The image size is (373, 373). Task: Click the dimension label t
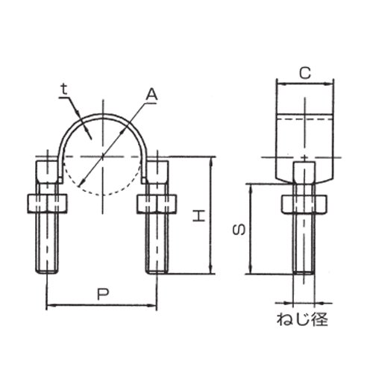(65, 90)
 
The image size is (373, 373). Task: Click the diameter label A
(151, 95)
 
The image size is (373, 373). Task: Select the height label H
(199, 216)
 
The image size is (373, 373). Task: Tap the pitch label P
(103, 294)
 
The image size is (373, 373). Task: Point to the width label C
(305, 73)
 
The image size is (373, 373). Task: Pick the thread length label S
(239, 229)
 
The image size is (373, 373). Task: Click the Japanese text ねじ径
(302, 319)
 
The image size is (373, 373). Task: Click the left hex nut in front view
(47, 203)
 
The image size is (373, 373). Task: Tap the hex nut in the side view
(304, 204)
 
